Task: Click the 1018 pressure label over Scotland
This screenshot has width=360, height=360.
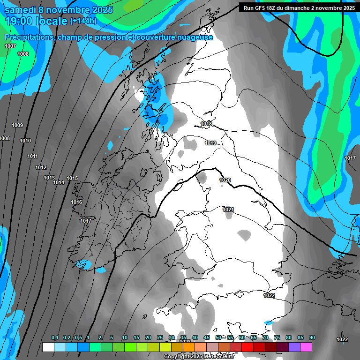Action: pos(206,124)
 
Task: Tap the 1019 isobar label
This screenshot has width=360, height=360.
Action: pos(210,143)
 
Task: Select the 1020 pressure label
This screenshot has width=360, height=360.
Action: pos(225,180)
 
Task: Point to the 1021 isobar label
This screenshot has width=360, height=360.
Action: pos(228,209)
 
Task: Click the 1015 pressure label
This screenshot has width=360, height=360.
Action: pos(72,178)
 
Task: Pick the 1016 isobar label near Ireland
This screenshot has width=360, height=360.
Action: pos(76,202)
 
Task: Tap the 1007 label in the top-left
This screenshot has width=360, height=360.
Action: pos(10,46)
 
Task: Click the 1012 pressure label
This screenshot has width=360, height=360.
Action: pos(41,167)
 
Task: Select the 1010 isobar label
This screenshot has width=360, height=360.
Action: pos(25,141)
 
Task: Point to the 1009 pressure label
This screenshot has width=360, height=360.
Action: pos(17,125)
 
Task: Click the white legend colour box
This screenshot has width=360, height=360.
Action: pos(48,347)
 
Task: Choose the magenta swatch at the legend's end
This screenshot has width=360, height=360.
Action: pos(306,347)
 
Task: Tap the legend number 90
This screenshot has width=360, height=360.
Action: pos(312,337)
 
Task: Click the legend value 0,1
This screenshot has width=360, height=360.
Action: pos(54,337)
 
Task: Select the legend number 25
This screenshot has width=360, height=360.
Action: pos(160,337)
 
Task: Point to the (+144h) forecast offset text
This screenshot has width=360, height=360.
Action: pos(83,21)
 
